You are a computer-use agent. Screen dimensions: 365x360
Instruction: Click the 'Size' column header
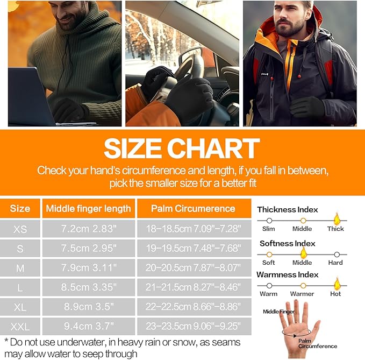20,208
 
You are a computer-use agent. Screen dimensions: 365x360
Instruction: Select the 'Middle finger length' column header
89,209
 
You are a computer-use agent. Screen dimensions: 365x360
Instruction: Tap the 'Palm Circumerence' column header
193,208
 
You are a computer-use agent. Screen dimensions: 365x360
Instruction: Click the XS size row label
20,229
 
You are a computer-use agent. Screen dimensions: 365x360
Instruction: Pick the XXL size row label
20,327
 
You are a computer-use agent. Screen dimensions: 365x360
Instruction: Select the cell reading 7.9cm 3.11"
89,268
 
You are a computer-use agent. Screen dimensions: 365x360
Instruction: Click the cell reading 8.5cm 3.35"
89,287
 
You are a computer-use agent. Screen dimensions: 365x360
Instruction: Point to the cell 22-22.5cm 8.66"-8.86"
193,307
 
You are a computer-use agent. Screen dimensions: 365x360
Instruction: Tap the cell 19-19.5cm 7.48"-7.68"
193,249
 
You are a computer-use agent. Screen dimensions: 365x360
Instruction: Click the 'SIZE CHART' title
182,148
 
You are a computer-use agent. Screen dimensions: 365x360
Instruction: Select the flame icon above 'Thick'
337,219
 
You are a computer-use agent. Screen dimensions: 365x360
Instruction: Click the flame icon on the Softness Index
303,253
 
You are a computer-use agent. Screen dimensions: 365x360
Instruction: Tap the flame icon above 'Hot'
337,284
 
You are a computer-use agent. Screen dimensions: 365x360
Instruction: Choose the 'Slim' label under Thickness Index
269,229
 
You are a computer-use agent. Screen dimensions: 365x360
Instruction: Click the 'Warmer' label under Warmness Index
302,294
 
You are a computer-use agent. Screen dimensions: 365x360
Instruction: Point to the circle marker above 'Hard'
337,255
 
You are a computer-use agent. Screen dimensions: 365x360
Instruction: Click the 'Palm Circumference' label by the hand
318,343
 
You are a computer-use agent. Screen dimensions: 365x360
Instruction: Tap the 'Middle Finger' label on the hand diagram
278,312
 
